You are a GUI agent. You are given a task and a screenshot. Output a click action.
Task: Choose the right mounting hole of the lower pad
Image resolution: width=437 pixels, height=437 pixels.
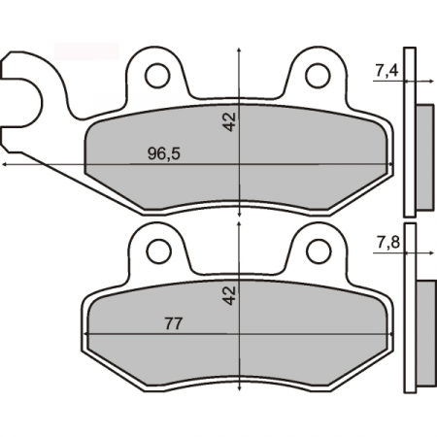[x=317, y=252]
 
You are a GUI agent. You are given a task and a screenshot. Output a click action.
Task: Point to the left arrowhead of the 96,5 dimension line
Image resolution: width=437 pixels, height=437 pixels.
[x=7, y=166]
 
